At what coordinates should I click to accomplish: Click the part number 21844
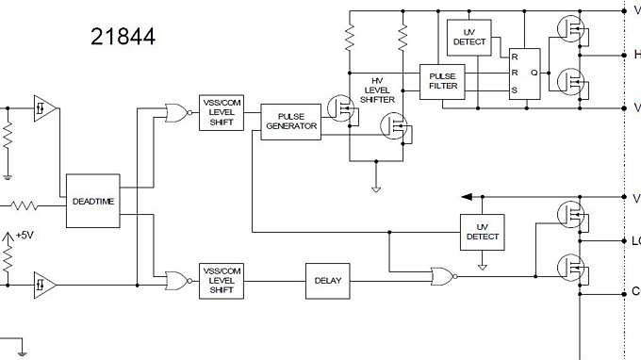pyautogui.click(x=123, y=37)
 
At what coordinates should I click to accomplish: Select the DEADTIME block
pyautogui.click(x=92, y=201)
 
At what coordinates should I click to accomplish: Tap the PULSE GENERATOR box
pyautogui.click(x=290, y=122)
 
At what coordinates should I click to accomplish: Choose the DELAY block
pyautogui.click(x=328, y=281)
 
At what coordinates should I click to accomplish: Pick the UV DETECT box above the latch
pyautogui.click(x=468, y=37)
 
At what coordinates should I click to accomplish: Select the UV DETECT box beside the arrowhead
pyautogui.click(x=483, y=232)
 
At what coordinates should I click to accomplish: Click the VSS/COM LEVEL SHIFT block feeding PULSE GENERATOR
pyautogui.click(x=222, y=113)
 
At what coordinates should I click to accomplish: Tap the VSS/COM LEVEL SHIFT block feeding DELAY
pyautogui.click(x=222, y=281)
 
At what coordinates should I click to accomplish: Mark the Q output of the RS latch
pyautogui.click(x=534, y=72)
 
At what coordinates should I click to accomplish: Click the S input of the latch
pyautogui.click(x=514, y=90)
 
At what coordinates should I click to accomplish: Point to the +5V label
pyautogui.click(x=23, y=236)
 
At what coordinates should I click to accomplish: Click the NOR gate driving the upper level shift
pyautogui.click(x=174, y=113)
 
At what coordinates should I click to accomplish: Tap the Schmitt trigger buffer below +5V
pyautogui.click(x=44, y=283)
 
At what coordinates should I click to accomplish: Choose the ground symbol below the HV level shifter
pyautogui.click(x=376, y=188)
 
